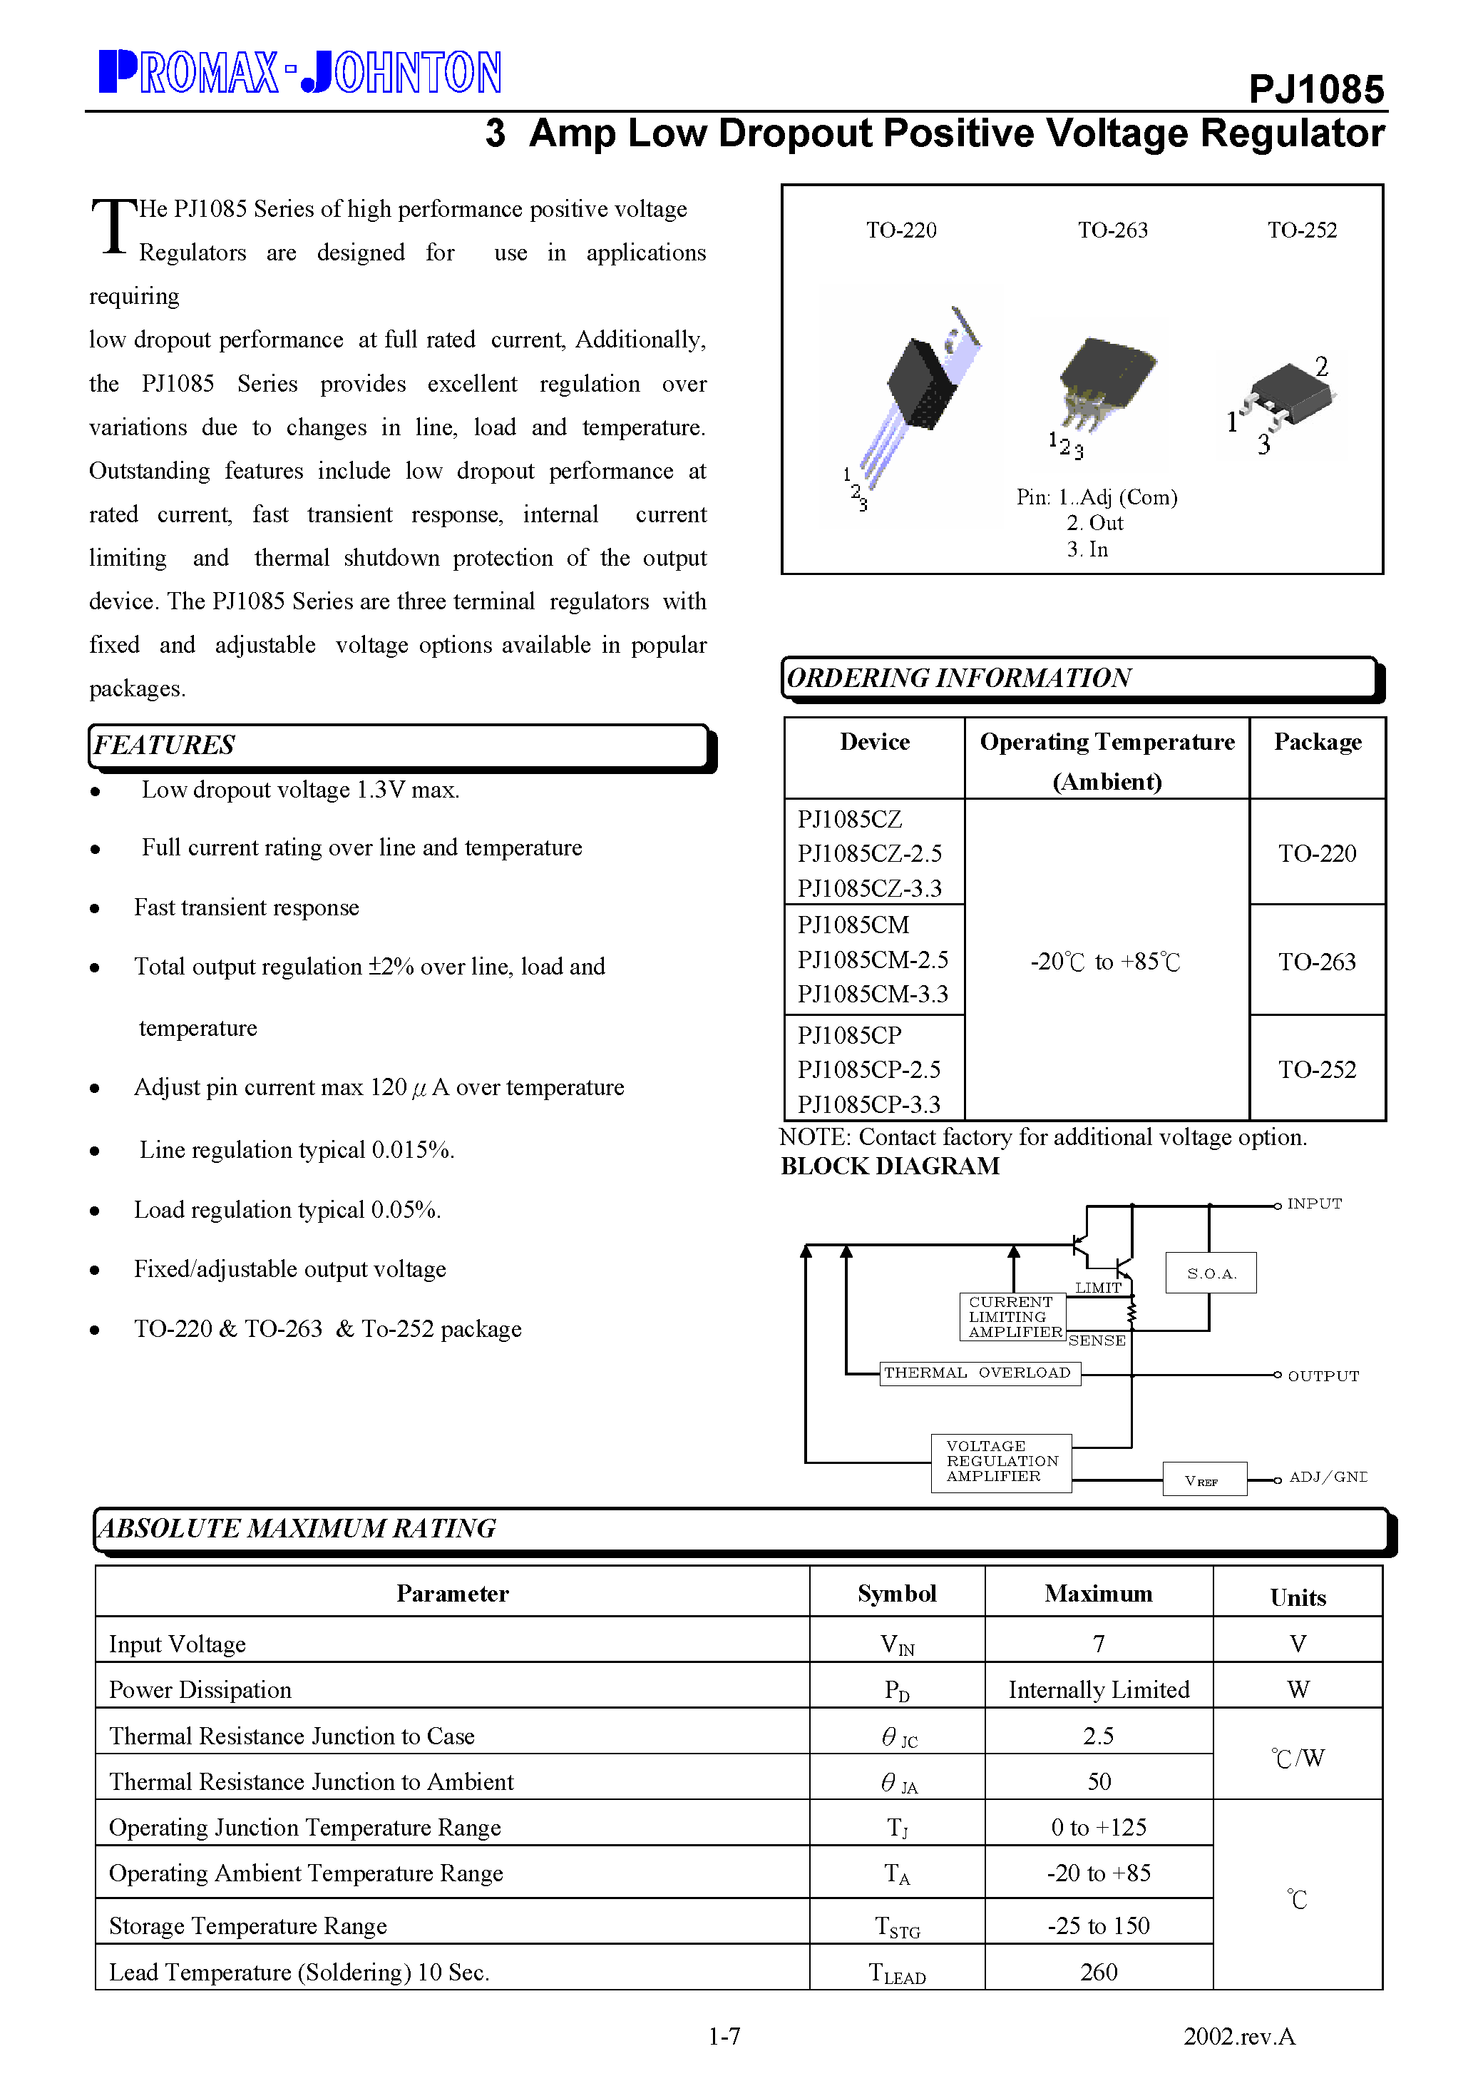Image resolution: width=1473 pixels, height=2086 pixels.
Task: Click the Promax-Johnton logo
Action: (x=299, y=73)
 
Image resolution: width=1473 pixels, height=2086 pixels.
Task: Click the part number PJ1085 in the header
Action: (x=1316, y=90)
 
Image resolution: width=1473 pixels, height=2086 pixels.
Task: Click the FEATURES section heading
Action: (x=165, y=745)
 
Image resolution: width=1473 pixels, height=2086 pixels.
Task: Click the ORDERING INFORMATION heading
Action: (x=958, y=678)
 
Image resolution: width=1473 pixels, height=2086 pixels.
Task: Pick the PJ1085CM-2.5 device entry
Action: (x=873, y=960)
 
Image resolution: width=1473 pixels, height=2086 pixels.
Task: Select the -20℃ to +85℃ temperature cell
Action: (x=1105, y=961)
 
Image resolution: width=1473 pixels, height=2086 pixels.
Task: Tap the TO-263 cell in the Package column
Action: (x=1317, y=961)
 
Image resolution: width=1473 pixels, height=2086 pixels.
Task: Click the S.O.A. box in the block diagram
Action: (x=1211, y=1273)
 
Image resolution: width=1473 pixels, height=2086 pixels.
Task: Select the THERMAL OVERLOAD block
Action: (x=979, y=1373)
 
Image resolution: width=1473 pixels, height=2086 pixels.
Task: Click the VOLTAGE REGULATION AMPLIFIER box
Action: (x=1001, y=1462)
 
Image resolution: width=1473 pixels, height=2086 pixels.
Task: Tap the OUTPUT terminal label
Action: (x=1323, y=1375)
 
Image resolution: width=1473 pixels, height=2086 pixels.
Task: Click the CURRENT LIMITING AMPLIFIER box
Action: (x=1012, y=1316)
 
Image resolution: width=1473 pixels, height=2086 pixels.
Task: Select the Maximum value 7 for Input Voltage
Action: (x=1098, y=1644)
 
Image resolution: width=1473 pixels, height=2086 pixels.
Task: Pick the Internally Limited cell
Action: (x=1098, y=1689)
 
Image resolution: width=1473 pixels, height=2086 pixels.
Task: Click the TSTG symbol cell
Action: (x=897, y=1925)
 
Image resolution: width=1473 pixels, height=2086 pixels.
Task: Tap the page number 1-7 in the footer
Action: (x=724, y=2036)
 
